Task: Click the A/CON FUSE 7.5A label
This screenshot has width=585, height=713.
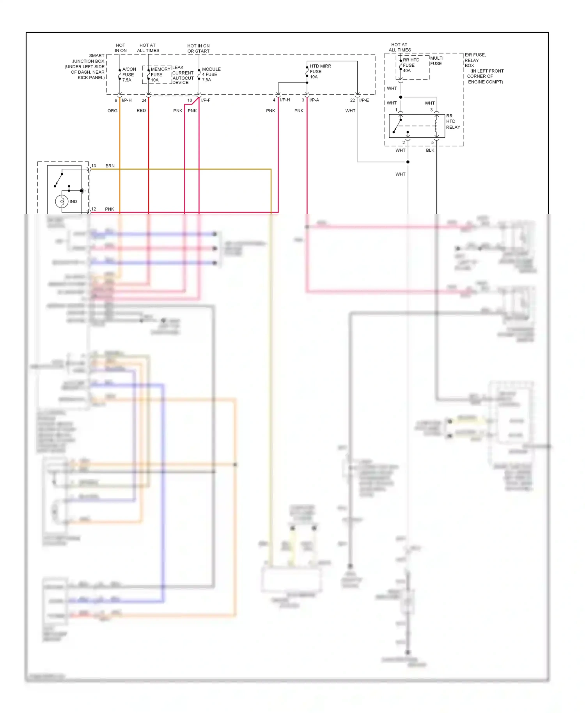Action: tap(129, 74)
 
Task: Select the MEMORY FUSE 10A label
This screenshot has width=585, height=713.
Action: tap(160, 74)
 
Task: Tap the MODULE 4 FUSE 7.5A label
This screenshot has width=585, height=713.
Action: tap(211, 74)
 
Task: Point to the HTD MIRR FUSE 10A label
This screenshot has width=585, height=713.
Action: tap(320, 71)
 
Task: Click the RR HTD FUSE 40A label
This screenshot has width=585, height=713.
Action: tap(411, 65)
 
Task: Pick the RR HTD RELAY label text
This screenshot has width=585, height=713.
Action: tap(452, 121)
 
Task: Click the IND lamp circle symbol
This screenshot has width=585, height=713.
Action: tap(62, 202)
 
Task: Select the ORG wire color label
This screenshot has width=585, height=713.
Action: tap(112, 111)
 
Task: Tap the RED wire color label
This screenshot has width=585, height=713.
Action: tap(141, 111)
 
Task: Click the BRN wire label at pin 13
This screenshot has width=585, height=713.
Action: tap(110, 166)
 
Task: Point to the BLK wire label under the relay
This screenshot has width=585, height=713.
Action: tap(430, 150)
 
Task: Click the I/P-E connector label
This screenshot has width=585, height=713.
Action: tap(364, 100)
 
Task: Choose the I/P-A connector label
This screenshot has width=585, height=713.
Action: tap(314, 100)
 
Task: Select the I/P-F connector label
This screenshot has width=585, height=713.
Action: tap(206, 100)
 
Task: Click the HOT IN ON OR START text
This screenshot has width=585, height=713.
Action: tap(198, 48)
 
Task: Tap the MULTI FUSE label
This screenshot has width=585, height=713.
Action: tap(436, 61)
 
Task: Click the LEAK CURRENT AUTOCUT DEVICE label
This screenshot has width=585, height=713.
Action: tap(183, 75)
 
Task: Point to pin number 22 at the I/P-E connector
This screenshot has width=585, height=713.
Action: tap(352, 100)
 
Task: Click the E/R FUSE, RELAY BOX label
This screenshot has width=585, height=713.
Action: tap(475, 60)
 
